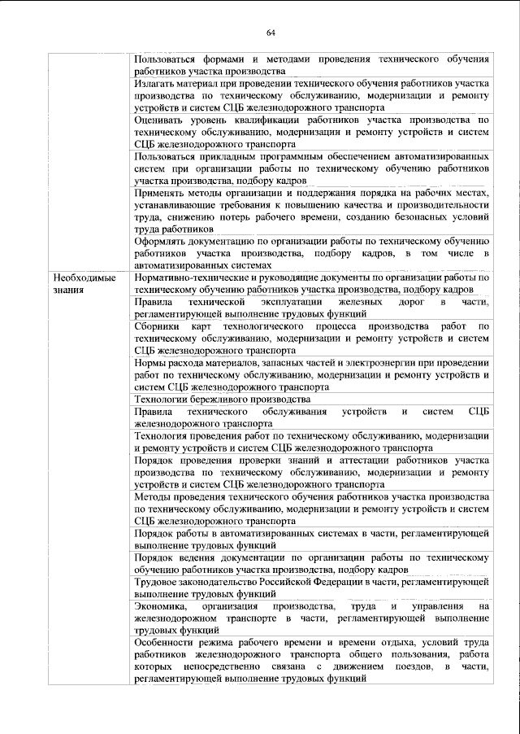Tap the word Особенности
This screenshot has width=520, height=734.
pos(168,643)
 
